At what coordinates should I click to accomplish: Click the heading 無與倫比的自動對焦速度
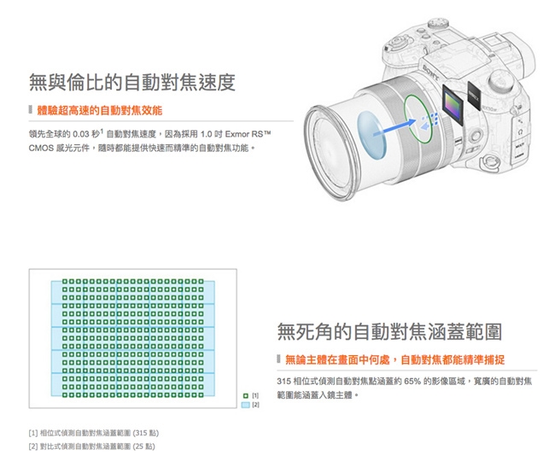(x=131, y=83)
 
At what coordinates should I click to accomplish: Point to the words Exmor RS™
(x=248, y=134)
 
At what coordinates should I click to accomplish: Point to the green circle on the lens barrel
(x=417, y=116)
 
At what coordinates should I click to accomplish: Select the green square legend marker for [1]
(x=245, y=396)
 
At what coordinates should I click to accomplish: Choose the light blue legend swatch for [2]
(x=245, y=405)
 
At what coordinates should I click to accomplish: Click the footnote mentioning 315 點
(x=89, y=432)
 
